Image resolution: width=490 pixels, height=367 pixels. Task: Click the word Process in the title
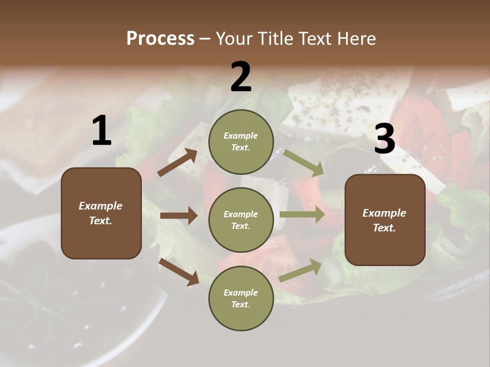pyautogui.click(x=160, y=39)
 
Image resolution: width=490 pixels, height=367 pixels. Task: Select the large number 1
pyautogui.click(x=102, y=132)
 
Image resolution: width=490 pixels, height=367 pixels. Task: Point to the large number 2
pyautogui.click(x=241, y=77)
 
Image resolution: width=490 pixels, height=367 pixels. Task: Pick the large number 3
pyautogui.click(x=384, y=140)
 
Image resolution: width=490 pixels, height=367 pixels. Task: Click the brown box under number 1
pyautogui.click(x=101, y=213)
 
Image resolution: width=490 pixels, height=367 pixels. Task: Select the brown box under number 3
pyautogui.click(x=385, y=220)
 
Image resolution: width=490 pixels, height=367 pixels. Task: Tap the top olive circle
pyautogui.click(x=241, y=142)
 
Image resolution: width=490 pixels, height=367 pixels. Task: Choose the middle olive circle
pyautogui.click(x=241, y=220)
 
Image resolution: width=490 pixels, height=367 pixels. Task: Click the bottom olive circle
pyautogui.click(x=241, y=298)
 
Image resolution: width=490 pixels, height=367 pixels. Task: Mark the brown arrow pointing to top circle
pyautogui.click(x=178, y=162)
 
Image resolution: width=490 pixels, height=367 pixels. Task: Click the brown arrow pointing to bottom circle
pyautogui.click(x=179, y=271)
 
